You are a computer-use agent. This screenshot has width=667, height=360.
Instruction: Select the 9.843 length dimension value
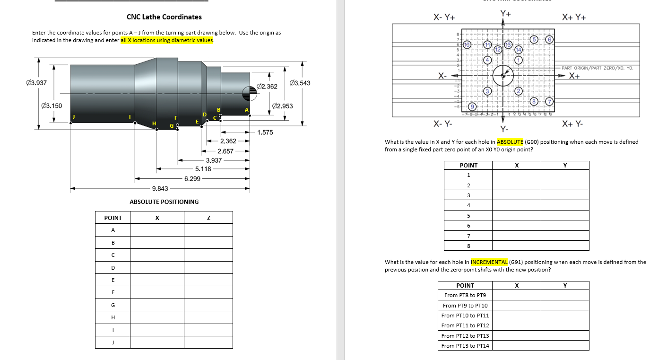pyautogui.click(x=160, y=188)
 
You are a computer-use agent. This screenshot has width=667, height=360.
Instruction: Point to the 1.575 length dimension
pyautogui.click(x=265, y=132)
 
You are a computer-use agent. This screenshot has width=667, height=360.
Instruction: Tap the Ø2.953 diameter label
pyautogui.click(x=283, y=106)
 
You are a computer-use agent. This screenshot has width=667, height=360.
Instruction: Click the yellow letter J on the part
pyautogui.click(x=73, y=117)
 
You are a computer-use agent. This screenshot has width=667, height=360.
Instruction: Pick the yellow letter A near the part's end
pyautogui.click(x=246, y=110)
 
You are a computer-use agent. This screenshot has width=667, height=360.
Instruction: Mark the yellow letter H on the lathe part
pyautogui.click(x=154, y=123)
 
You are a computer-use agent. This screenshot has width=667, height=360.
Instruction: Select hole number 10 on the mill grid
pyautogui.click(x=467, y=44)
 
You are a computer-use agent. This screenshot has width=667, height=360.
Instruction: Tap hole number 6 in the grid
pyautogui.click(x=550, y=40)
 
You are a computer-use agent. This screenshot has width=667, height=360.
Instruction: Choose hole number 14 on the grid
pyautogui.click(x=518, y=50)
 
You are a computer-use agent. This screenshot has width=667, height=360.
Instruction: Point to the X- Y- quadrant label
pyautogui.click(x=442, y=124)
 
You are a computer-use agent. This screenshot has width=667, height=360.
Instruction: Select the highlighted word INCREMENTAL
pyautogui.click(x=489, y=262)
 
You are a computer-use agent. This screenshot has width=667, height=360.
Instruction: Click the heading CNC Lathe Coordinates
pyautogui.click(x=164, y=17)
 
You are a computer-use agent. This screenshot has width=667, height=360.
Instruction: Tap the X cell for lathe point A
pyautogui.click(x=157, y=230)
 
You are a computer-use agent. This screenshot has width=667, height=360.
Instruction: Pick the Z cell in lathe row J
pyautogui.click(x=208, y=342)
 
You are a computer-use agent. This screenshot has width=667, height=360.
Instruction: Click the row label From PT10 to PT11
pyautogui.click(x=465, y=316)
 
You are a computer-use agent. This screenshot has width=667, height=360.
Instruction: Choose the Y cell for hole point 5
pyautogui.click(x=565, y=216)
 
